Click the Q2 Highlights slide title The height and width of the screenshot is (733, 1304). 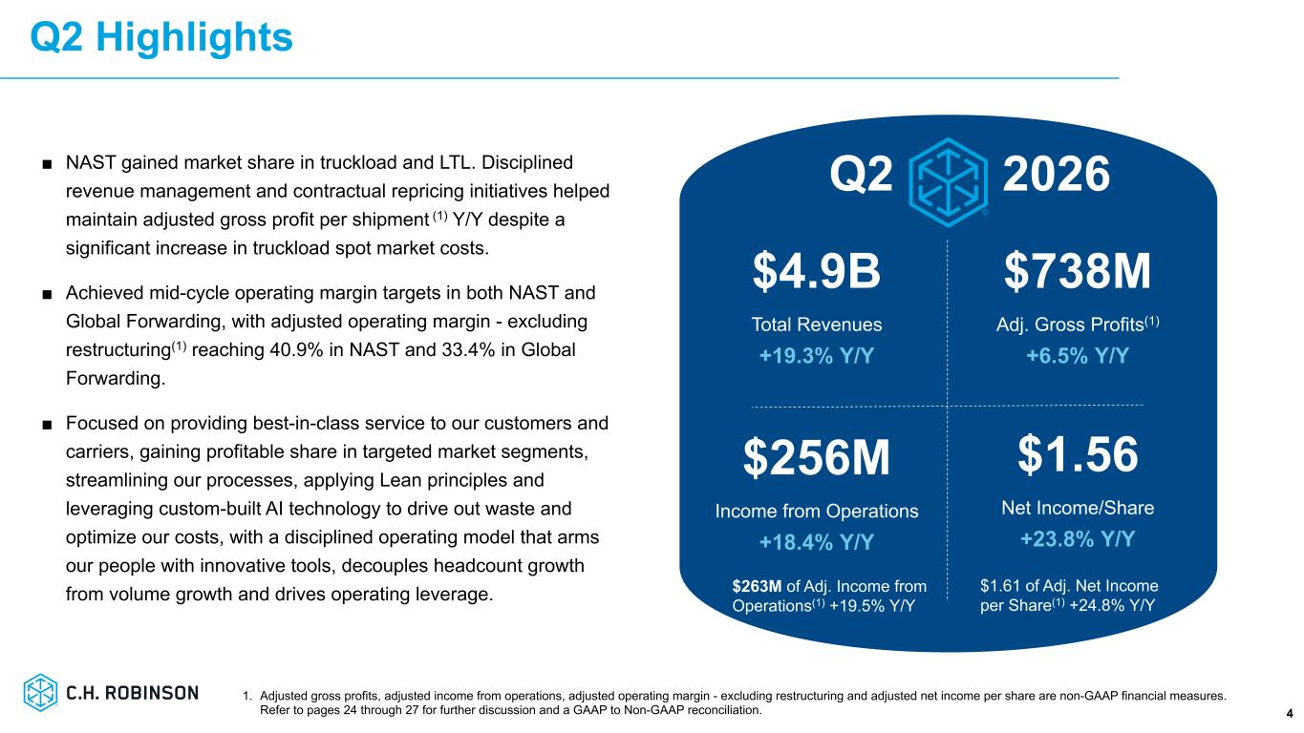tap(161, 38)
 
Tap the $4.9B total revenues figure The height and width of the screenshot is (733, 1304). tap(816, 271)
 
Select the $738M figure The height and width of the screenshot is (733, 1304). tap(1078, 271)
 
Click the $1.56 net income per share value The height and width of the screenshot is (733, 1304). tap(1078, 454)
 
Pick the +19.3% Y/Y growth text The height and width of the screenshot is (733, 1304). tap(816, 355)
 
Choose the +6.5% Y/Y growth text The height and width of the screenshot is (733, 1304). tap(1078, 355)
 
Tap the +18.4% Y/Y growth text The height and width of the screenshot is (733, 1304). tap(816, 542)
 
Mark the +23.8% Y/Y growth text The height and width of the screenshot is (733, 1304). tap(1078, 538)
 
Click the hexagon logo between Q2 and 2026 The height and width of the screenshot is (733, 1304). tap(948, 182)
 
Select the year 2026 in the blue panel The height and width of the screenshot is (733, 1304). tap(1056, 174)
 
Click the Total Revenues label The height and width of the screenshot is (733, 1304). tap(816, 325)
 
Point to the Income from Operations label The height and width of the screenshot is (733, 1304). tap(816, 512)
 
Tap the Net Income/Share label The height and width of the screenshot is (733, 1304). tap(1078, 508)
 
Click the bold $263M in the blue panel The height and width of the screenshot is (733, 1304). tap(757, 586)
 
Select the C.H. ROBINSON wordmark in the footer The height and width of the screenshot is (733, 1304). tap(132, 693)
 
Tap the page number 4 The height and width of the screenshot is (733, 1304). tap(1290, 714)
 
